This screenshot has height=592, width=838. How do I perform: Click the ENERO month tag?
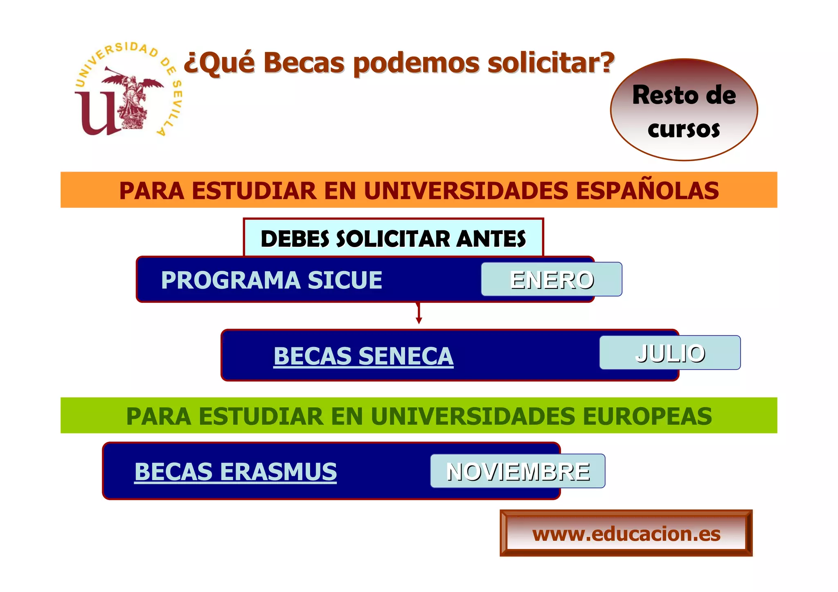coord(551,279)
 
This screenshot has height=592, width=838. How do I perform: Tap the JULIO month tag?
coord(670,353)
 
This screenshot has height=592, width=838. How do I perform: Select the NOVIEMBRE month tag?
coord(518,471)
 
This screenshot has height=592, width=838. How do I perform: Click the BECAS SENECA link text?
coord(363,356)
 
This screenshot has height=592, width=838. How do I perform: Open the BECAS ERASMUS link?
coord(235,472)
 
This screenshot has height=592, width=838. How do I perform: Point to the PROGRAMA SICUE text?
coord(271,280)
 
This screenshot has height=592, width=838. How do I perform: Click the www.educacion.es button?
coord(626,533)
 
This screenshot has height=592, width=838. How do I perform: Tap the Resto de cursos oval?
coord(684,110)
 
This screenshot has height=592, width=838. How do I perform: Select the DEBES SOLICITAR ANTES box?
coord(393,238)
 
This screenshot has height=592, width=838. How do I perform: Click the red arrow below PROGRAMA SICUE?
coord(419,314)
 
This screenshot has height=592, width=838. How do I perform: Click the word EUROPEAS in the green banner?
coord(647,416)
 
